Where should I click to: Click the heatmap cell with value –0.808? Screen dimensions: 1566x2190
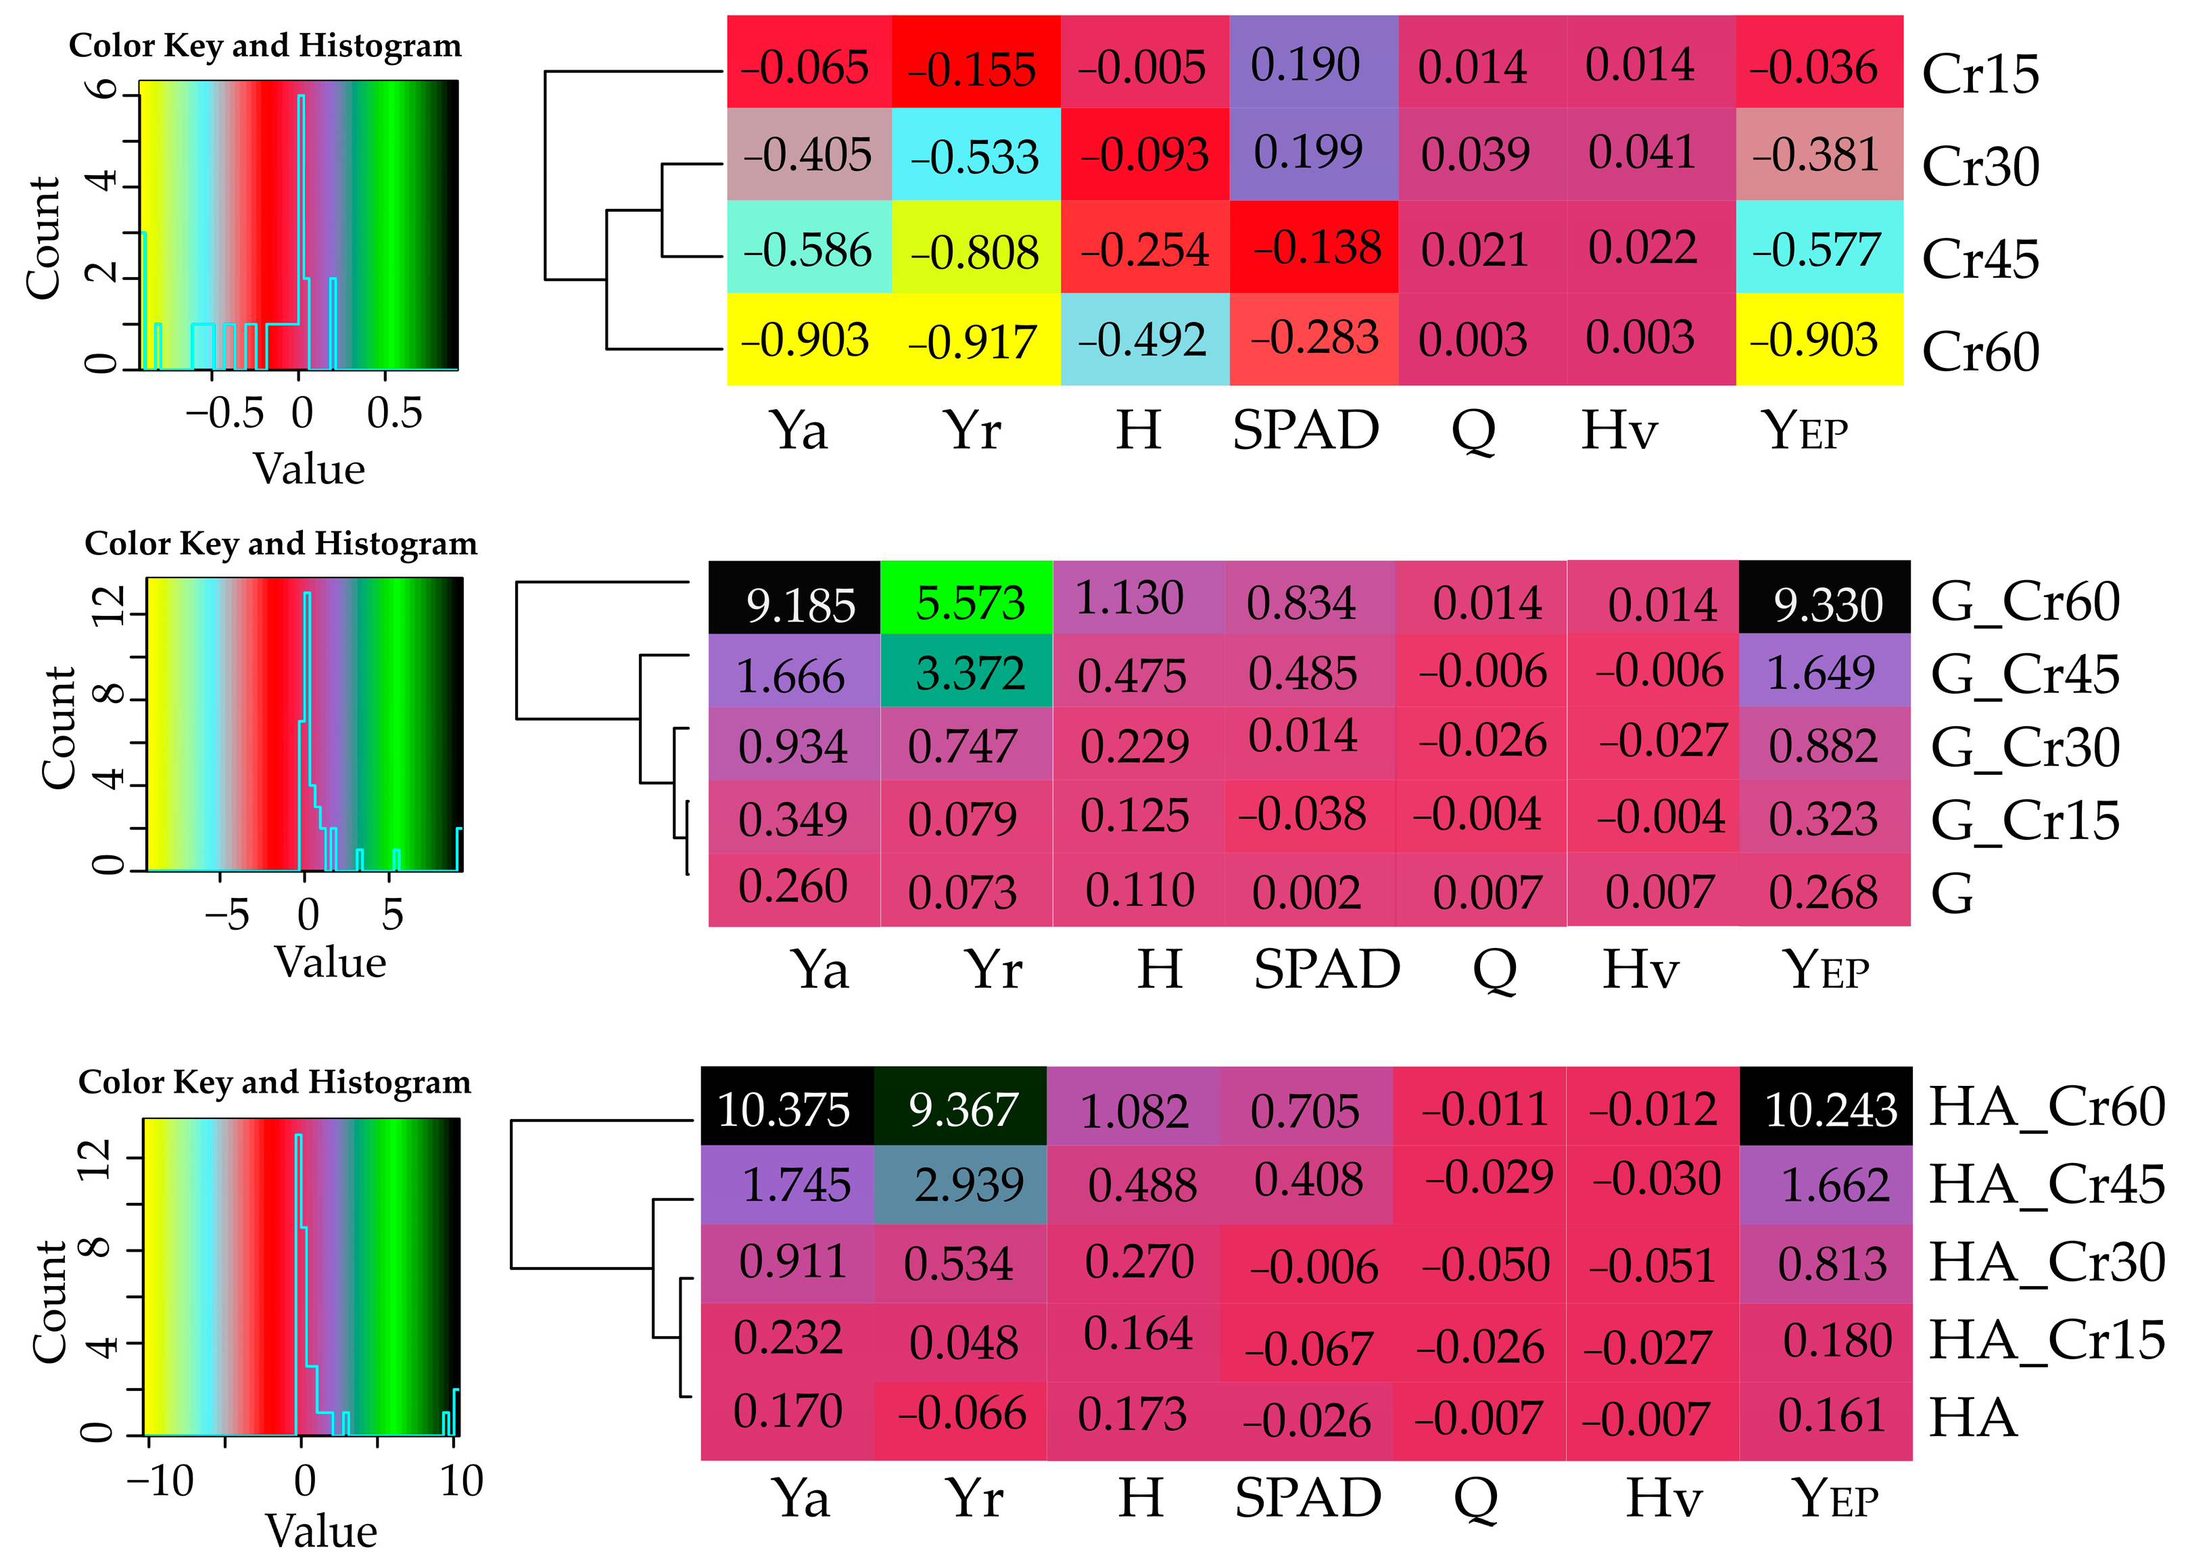[975, 249]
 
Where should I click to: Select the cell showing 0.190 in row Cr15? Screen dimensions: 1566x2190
[1312, 63]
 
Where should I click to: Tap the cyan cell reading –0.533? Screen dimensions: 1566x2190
[975, 156]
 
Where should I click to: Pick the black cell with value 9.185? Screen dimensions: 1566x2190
[794, 599]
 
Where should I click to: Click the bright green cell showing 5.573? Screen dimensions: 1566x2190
[966, 599]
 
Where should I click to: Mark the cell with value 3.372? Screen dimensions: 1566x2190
[966, 672]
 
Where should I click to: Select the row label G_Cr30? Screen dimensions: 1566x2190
[2024, 747]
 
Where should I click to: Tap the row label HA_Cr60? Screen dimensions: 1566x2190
[2045, 1107]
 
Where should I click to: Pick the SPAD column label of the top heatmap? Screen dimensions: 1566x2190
[1305, 430]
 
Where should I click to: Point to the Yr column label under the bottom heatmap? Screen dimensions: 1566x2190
[974, 1498]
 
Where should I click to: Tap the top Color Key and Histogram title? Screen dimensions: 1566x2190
[265, 45]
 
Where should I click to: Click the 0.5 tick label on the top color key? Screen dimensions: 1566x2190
[394, 414]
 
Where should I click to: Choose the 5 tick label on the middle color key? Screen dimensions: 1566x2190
[391, 915]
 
